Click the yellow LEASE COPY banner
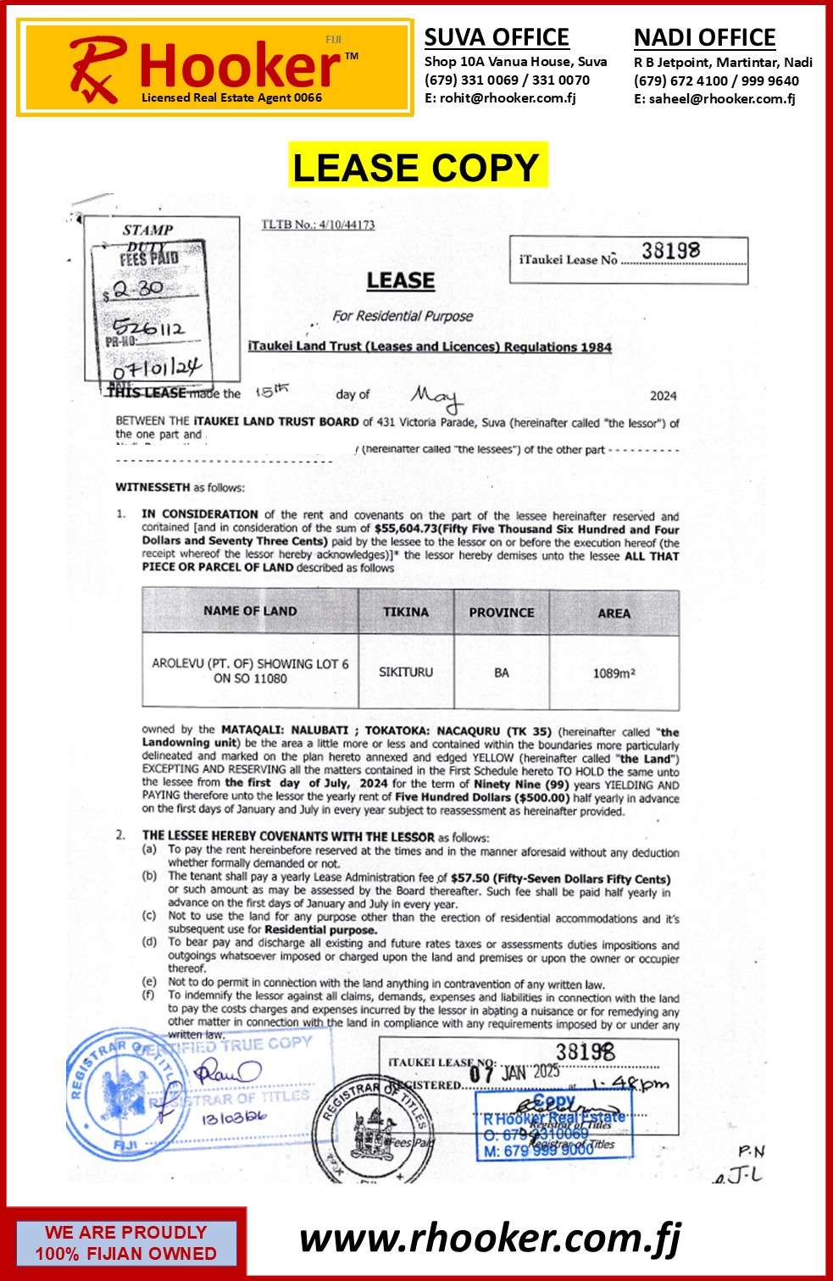416,167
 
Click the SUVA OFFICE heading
497,38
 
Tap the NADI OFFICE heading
704,38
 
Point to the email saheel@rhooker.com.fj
722,98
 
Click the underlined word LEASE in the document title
400,280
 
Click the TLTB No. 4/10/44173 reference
318,225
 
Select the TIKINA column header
406,612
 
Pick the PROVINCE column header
502,613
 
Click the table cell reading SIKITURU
406,672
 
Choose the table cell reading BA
502,673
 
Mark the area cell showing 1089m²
614,674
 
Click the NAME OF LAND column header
250,611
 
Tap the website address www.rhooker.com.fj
490,1239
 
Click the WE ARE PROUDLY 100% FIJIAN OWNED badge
125,1243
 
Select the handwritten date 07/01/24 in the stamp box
158,369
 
